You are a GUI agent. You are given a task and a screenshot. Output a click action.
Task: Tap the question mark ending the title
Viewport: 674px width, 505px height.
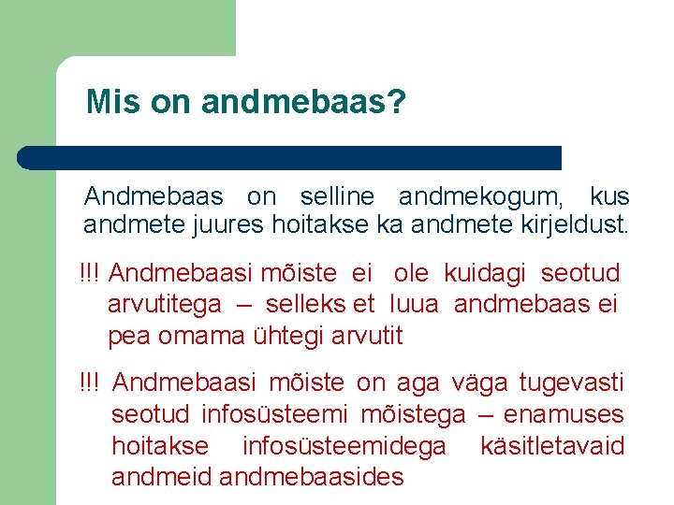click(x=397, y=102)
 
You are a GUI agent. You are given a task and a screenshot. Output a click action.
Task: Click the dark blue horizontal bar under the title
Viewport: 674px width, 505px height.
click(x=290, y=157)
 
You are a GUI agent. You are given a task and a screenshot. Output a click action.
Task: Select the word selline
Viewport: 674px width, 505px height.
click(x=337, y=197)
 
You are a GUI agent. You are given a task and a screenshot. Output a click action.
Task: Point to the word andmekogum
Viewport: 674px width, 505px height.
click(x=481, y=197)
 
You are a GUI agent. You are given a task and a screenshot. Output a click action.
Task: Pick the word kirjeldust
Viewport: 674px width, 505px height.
click(x=568, y=225)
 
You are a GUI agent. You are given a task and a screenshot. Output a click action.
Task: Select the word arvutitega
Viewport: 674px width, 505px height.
click(x=165, y=304)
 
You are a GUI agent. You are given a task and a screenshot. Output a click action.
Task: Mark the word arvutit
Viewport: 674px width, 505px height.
click(x=367, y=335)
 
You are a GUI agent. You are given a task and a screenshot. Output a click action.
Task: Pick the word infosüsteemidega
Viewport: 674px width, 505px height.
click(x=344, y=446)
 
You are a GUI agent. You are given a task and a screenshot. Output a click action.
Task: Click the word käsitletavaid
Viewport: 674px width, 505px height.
click(x=551, y=446)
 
